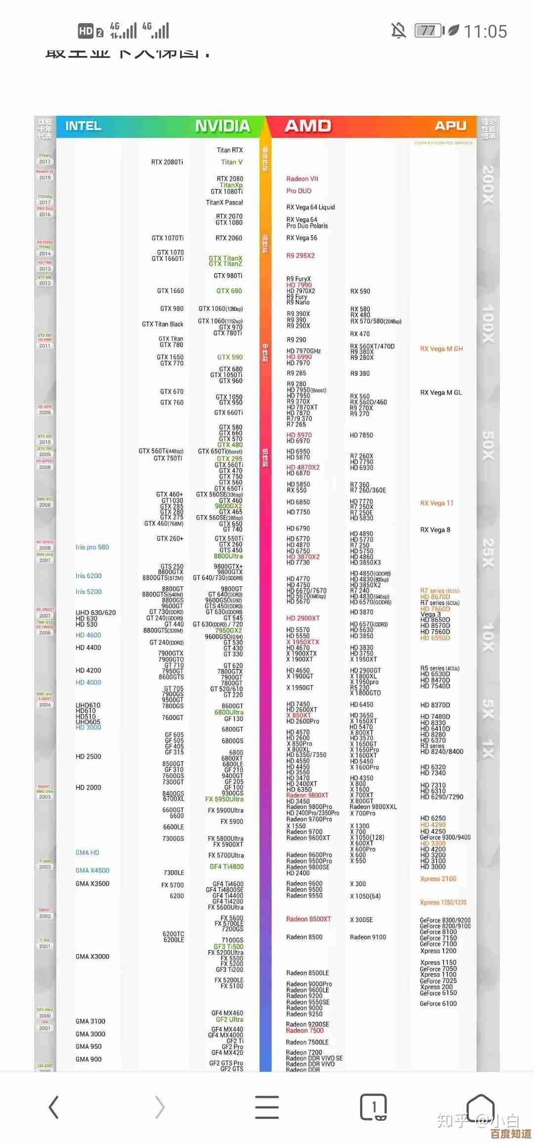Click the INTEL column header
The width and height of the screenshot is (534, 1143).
point(83,126)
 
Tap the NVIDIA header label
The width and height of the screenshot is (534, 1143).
point(222,126)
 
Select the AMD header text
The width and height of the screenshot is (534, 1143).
point(308,126)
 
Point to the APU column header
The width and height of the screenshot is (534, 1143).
point(450,126)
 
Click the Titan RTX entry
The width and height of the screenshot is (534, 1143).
point(229,150)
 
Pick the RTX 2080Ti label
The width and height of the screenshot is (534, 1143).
point(167,162)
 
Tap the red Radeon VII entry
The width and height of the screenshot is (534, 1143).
point(302,179)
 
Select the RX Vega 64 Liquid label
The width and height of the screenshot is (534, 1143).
point(311,207)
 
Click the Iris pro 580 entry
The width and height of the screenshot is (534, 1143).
point(92,547)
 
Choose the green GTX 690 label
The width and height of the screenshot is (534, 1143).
point(229,291)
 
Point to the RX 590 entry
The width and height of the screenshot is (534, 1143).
point(360,291)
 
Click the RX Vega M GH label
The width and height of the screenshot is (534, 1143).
point(442,349)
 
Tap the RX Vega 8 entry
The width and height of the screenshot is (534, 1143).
point(435,530)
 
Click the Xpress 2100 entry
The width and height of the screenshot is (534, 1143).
point(438,879)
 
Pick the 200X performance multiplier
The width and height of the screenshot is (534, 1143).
point(488,185)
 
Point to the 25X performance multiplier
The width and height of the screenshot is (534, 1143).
point(488,553)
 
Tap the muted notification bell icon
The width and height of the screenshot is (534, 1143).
point(399,31)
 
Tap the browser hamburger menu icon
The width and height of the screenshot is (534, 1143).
point(267,1107)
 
